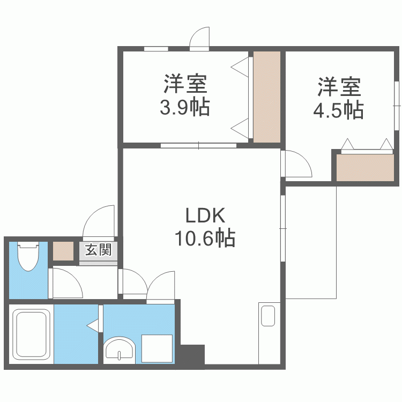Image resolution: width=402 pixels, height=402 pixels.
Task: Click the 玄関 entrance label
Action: click(x=98, y=250)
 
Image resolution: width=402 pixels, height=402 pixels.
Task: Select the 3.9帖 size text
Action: click(x=184, y=108)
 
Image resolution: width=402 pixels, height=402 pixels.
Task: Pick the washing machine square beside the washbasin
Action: click(x=157, y=348)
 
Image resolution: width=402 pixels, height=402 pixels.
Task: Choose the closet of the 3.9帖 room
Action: click(x=267, y=96)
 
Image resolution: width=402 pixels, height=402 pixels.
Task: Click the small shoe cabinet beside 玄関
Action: click(x=63, y=251)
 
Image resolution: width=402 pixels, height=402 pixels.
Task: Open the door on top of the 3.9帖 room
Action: click(x=199, y=39)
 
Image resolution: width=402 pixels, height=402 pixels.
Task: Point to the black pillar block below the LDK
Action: click(x=192, y=354)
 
